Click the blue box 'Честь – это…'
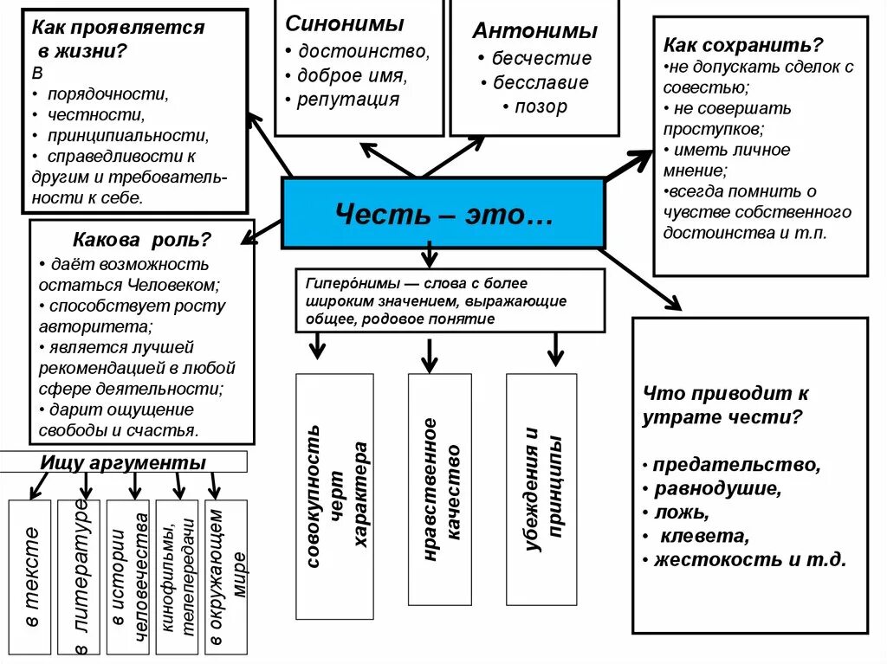(443, 213)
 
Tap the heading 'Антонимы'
(534, 31)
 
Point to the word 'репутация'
(348, 99)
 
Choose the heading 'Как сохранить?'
(743, 44)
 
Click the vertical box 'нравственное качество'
(440, 489)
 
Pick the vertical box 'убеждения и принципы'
(541, 489)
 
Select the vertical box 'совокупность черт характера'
(334, 495)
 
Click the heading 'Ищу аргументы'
(123, 462)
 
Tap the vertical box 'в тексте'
(31, 576)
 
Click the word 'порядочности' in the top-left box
(107, 93)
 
